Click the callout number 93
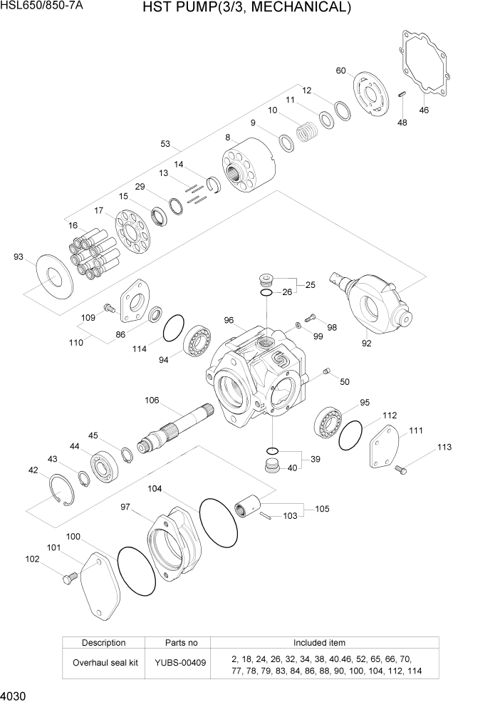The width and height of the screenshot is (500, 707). [18, 257]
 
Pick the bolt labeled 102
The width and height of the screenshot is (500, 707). [70, 577]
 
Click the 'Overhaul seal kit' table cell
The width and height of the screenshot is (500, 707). [103, 663]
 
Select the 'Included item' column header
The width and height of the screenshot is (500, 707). [319, 642]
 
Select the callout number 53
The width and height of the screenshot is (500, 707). [166, 144]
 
